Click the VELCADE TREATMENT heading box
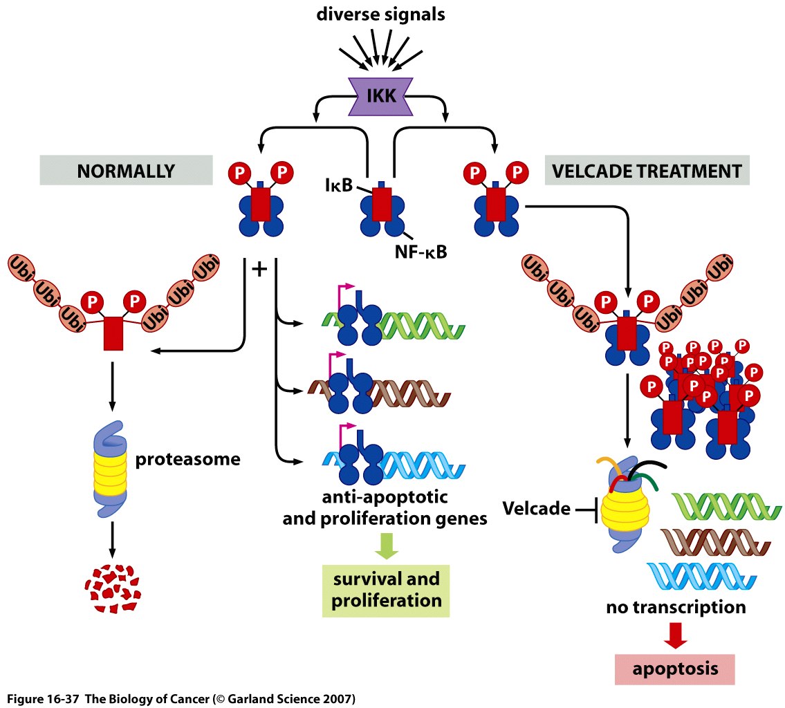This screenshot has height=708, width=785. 647,170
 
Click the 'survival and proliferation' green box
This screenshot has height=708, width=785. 386,589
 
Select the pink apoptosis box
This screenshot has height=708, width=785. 675,668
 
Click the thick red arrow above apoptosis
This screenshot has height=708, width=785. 676,634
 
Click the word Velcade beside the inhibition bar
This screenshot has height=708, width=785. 535,510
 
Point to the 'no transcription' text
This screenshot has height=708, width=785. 676,608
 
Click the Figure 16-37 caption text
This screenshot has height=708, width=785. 181,698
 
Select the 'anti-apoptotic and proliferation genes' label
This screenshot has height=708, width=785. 385,507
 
